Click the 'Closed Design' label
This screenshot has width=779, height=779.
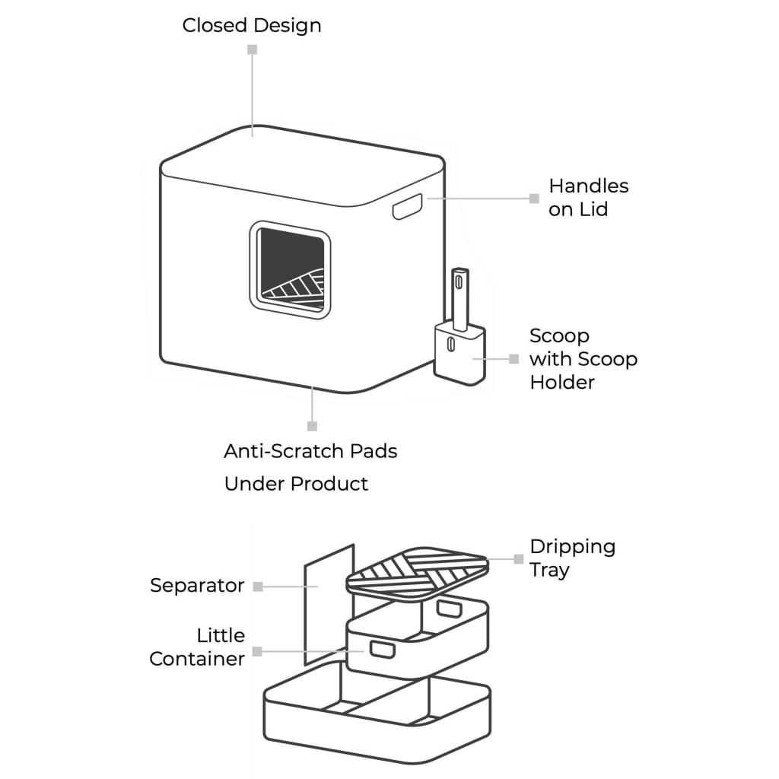(251, 25)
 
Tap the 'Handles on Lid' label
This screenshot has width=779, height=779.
(588, 197)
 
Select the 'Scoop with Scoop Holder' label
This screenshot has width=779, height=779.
(583, 358)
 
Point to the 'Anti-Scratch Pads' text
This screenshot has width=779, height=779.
(310, 451)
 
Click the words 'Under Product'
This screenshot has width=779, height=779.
(296, 484)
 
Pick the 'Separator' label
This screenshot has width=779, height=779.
(197, 586)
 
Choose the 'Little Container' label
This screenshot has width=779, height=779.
(197, 647)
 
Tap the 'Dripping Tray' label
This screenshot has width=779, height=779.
(572, 558)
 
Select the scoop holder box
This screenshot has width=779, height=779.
(459, 354)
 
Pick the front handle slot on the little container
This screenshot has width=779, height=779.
(382, 649)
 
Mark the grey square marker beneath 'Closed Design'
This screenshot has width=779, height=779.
(253, 49)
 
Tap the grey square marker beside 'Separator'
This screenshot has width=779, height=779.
(258, 587)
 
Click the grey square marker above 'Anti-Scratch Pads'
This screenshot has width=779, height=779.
(312, 426)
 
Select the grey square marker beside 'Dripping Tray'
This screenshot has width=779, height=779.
(519, 558)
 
